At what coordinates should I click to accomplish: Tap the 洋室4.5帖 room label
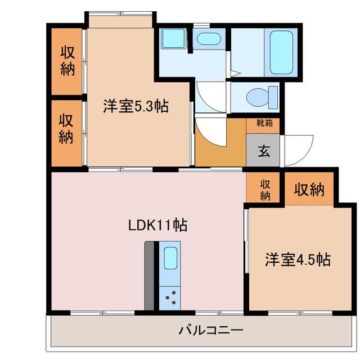click(x=298, y=260)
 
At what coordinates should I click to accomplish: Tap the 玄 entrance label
click(x=263, y=150)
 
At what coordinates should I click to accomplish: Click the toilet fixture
click(x=264, y=96)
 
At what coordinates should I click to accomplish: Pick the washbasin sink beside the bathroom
click(x=209, y=39)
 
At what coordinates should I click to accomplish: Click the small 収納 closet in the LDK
click(x=265, y=189)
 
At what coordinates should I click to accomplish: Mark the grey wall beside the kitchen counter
click(x=149, y=276)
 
